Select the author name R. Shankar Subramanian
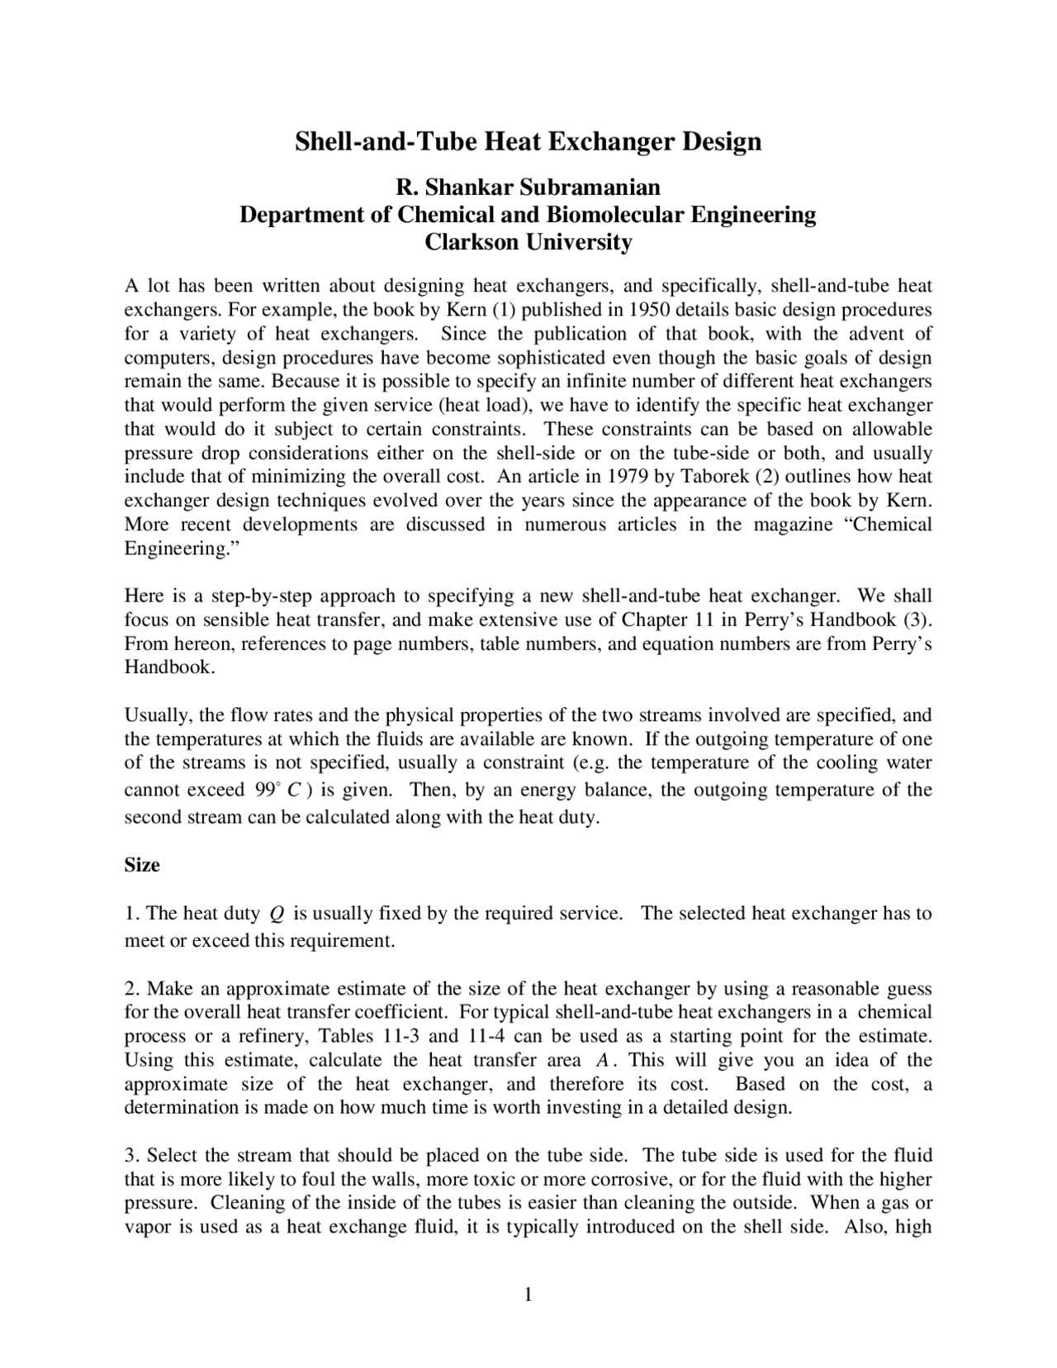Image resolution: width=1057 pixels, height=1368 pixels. [528, 188]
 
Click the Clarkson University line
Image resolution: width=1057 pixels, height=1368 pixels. [528, 242]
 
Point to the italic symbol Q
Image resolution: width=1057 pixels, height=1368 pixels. [277, 914]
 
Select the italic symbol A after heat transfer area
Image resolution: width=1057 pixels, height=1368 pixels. [601, 1061]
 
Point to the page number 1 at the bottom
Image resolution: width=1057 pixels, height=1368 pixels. [528, 1294]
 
